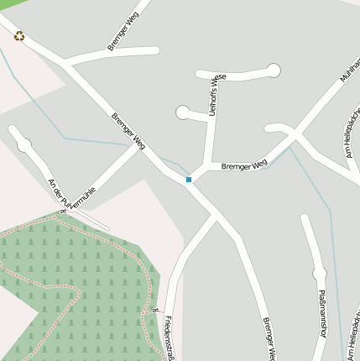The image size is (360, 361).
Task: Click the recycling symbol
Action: coord(19,36)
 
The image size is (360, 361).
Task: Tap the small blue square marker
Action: coord(189,180)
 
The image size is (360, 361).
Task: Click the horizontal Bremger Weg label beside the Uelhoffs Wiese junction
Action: coord(244,165)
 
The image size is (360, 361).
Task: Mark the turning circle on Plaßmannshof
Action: coord(319,273)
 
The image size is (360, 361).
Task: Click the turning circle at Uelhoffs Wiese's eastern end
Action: coord(274,71)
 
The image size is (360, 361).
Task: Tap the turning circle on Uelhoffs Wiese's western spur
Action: coord(183,112)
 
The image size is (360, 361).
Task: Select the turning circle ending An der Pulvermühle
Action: coord(24,145)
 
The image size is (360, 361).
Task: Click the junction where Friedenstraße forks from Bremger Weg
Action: coord(215,217)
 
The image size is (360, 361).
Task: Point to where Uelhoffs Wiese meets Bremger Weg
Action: coord(204,168)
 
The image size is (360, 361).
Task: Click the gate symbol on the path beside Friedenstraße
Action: coord(156,310)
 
